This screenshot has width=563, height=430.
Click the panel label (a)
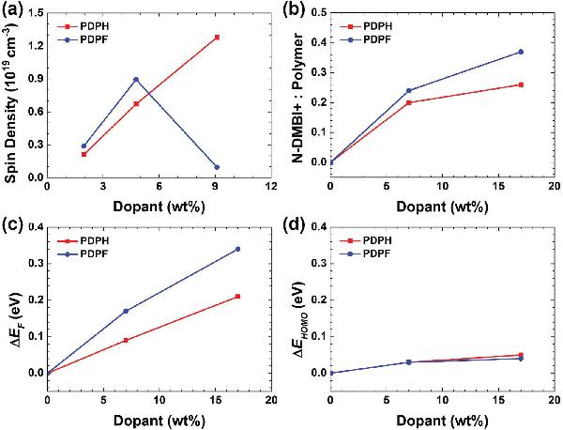tap(15, 10)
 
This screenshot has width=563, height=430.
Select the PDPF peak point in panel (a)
tap(136, 80)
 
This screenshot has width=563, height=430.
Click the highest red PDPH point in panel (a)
tap(217, 38)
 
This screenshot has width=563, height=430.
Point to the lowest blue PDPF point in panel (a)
tap(217, 167)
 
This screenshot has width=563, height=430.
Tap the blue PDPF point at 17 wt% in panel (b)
tap(521, 52)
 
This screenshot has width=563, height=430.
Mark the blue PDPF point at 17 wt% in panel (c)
tap(238, 249)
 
